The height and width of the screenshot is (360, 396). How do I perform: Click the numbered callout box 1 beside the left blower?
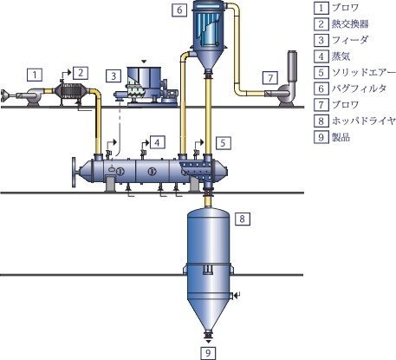tap(35, 75)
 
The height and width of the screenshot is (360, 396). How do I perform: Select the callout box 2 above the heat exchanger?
tap(81, 73)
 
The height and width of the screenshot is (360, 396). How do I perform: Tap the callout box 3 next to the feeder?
tap(114, 75)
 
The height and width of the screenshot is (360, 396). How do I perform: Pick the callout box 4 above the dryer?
tap(157, 142)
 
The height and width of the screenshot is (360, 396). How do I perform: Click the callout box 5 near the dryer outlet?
tap(223, 142)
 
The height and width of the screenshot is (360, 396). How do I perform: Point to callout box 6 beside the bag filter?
tap(179, 10)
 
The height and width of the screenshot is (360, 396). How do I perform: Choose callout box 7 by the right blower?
tap(270, 77)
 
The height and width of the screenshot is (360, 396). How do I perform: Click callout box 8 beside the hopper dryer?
tap(242, 219)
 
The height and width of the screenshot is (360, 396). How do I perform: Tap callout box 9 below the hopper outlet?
tap(208, 353)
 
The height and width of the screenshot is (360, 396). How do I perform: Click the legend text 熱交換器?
tap(350, 24)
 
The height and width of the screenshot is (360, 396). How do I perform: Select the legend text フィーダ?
tap(350, 40)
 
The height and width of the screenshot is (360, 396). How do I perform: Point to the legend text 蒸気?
tap(341, 56)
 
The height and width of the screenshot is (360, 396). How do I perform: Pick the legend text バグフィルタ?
tap(359, 88)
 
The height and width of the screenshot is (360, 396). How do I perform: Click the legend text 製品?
tap(341, 137)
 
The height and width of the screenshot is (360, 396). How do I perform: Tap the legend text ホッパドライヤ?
tap(363, 121)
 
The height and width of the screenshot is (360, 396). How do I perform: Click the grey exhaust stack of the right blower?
tap(292, 66)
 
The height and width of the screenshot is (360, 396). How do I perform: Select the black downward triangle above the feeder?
tap(144, 62)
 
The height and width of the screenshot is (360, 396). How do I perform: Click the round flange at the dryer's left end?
tap(75, 173)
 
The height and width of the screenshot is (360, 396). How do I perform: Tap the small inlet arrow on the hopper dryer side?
tap(237, 295)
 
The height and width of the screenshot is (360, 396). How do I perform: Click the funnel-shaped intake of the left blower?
tap(4, 95)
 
